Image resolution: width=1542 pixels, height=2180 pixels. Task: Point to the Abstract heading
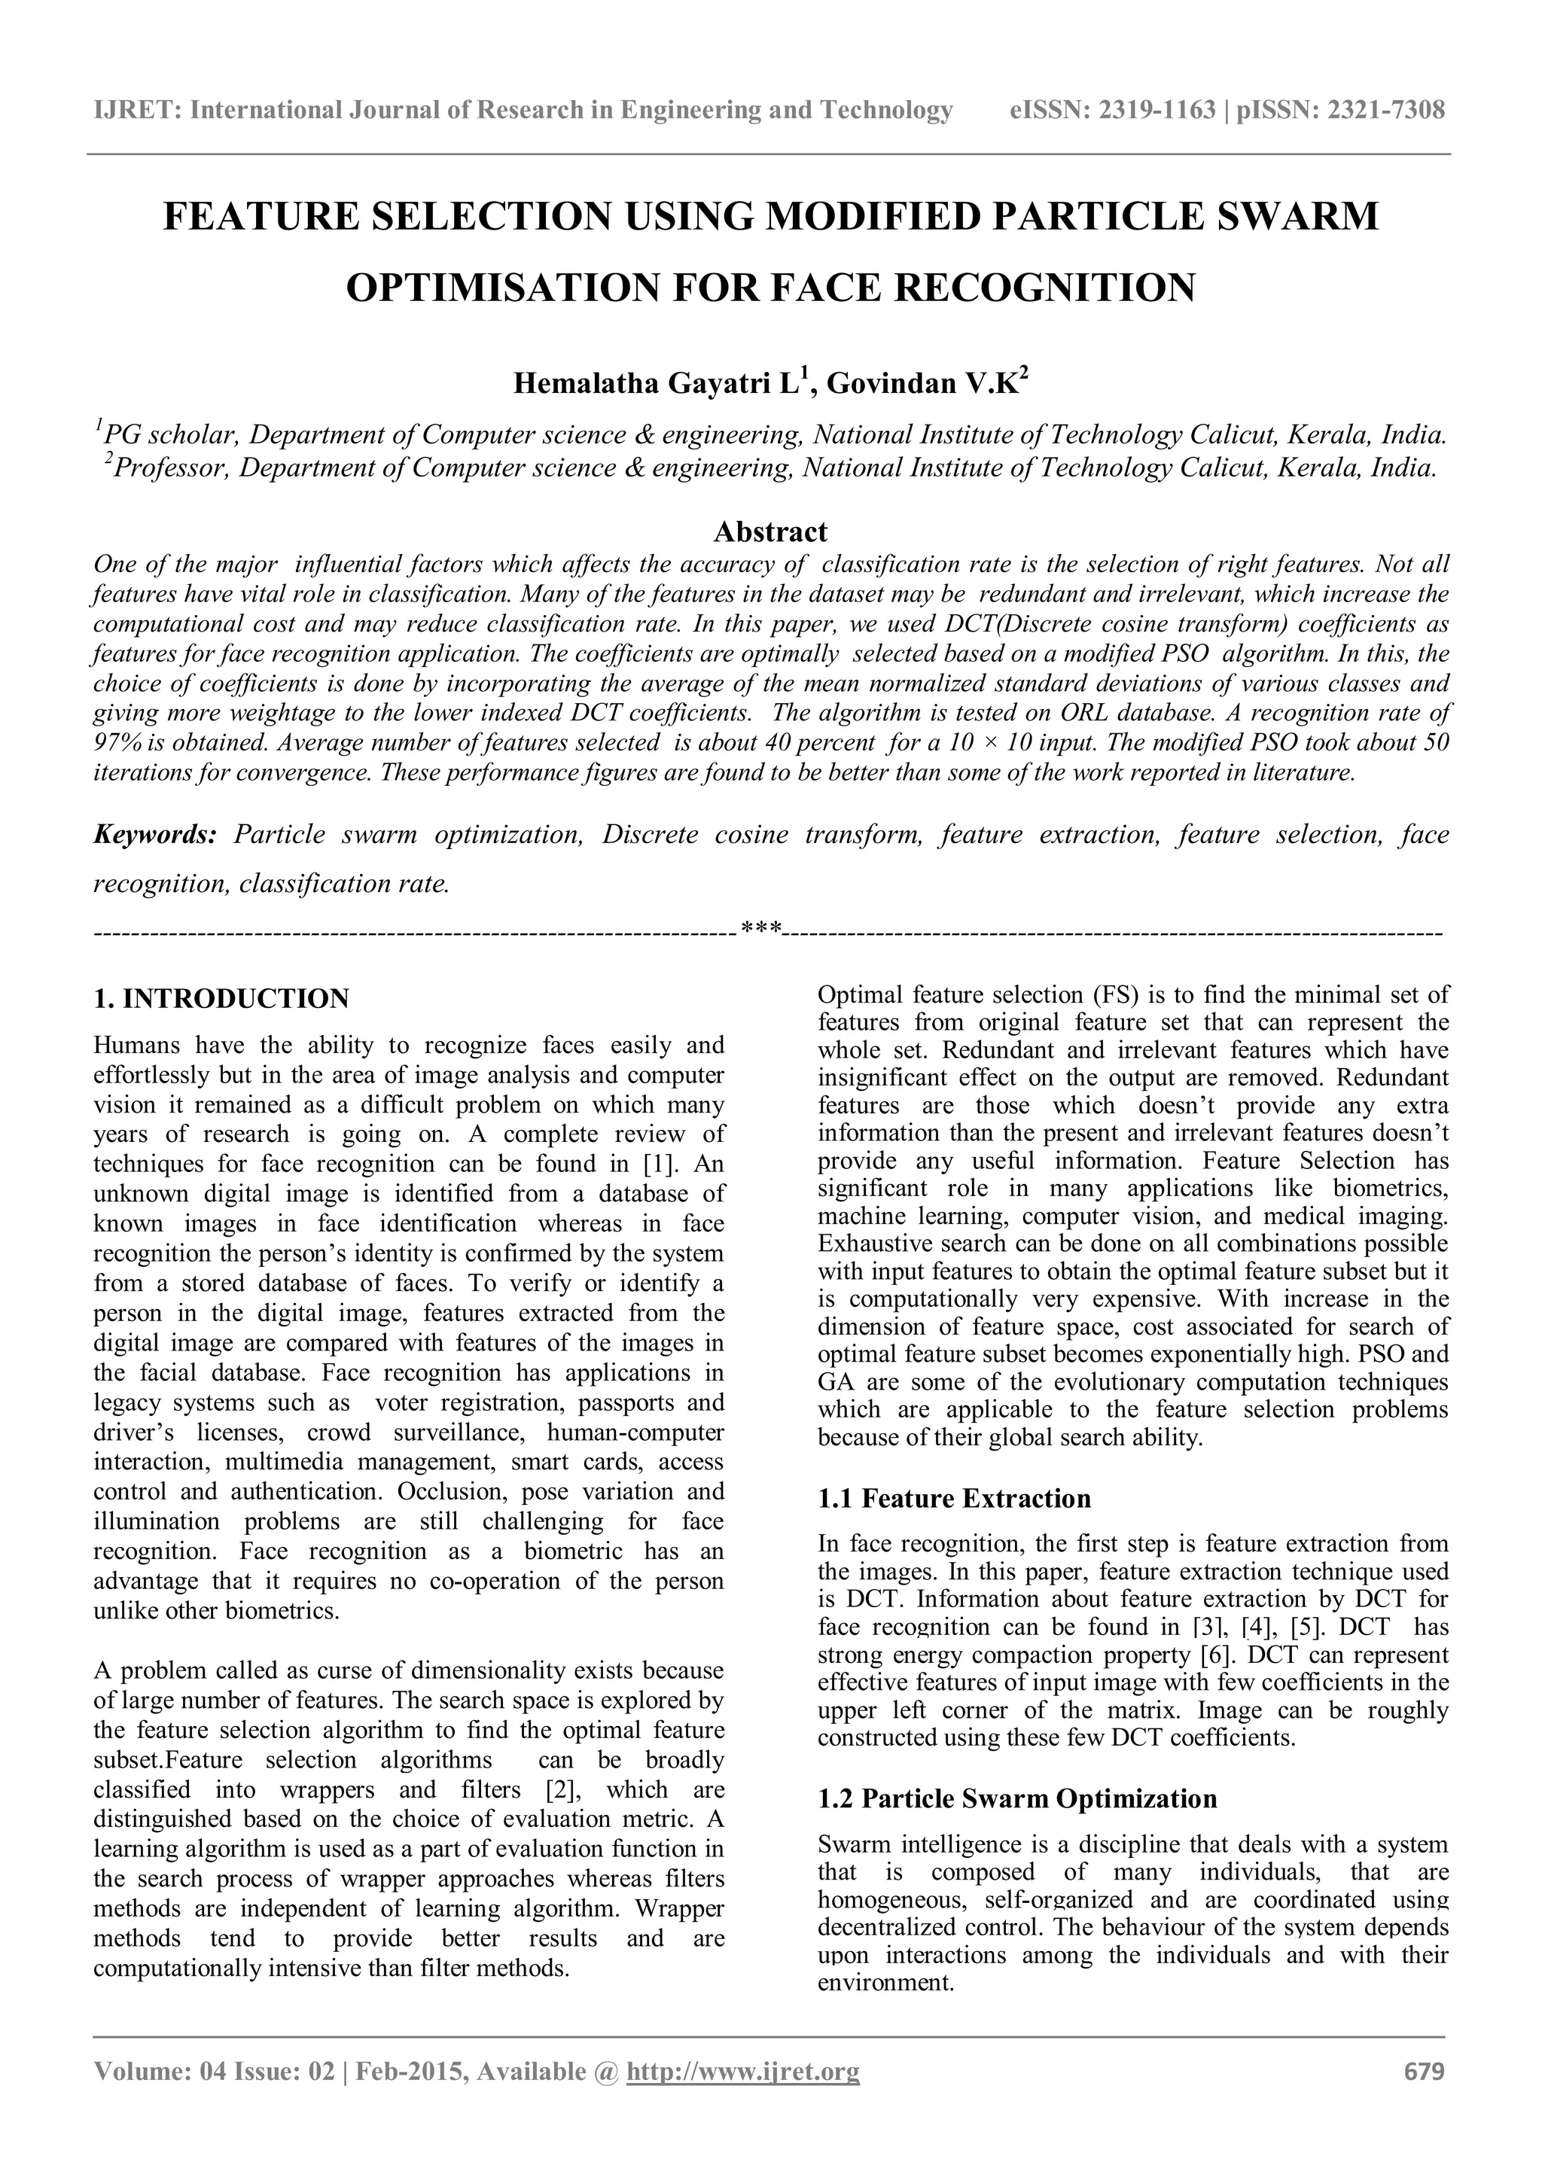point(770,531)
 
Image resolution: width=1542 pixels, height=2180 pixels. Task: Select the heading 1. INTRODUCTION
point(221,999)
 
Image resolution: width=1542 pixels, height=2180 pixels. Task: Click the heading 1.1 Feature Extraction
point(954,1500)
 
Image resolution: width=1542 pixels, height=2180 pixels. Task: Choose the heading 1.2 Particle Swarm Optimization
point(1017,1799)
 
